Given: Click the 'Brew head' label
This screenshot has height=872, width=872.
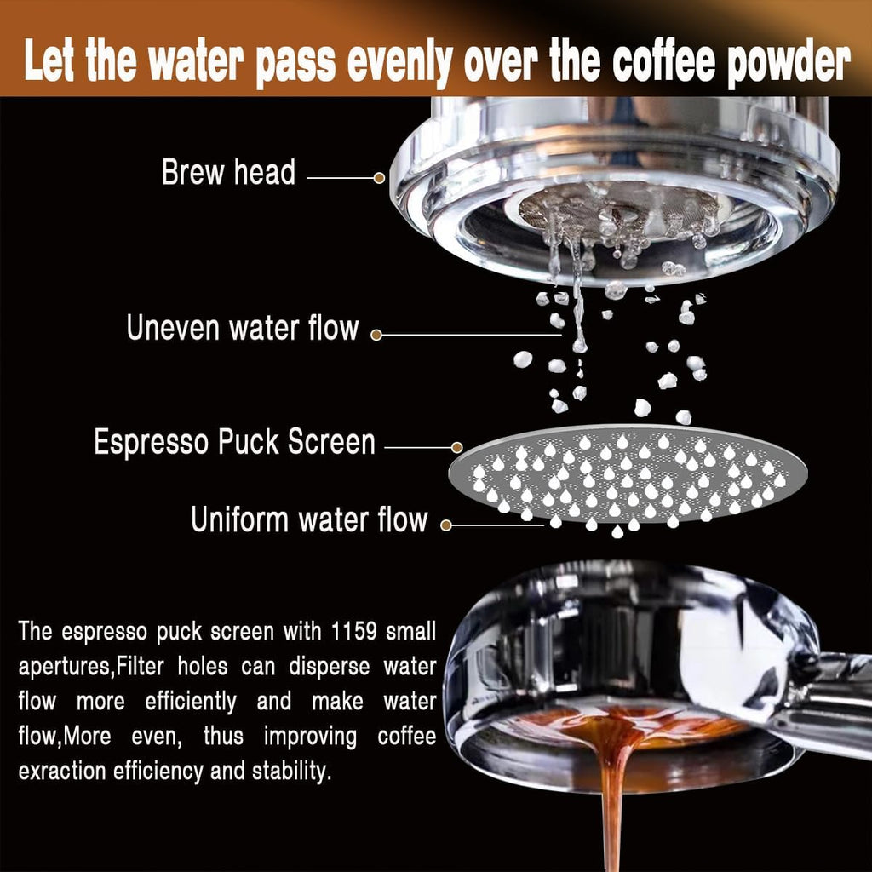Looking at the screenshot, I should point(228,173).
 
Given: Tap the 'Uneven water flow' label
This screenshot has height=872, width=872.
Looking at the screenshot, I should point(243,328).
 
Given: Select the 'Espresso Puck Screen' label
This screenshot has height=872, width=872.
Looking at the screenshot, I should point(234,443).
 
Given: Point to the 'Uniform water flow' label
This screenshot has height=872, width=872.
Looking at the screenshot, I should point(308,519).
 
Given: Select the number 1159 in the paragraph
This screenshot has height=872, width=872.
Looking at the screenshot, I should point(352,632).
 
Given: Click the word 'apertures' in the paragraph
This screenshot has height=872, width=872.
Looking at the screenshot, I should point(65,667).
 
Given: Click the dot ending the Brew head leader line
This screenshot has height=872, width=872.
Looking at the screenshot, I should point(380,178).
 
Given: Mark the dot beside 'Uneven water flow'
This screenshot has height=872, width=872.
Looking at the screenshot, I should point(376,335).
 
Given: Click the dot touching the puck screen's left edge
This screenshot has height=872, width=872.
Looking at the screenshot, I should point(457,446).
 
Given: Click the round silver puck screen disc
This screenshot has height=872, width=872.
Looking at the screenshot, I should point(628,474).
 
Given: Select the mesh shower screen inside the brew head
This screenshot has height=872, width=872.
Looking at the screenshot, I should point(620,209).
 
